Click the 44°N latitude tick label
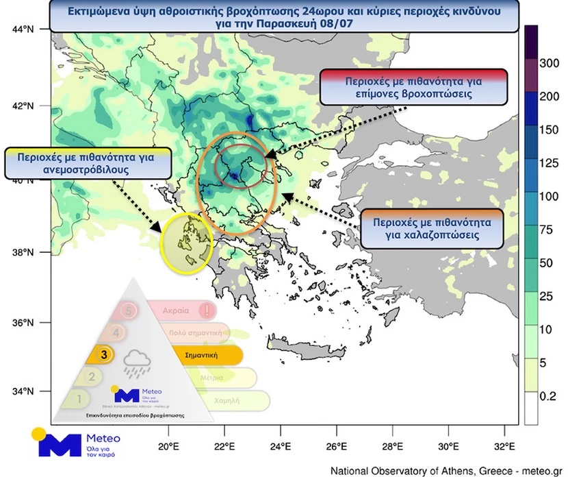pyautogui.click(x=23, y=29)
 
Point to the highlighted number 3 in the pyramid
pyautogui.click(x=103, y=355)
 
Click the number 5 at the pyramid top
pyautogui.click(x=130, y=310)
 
